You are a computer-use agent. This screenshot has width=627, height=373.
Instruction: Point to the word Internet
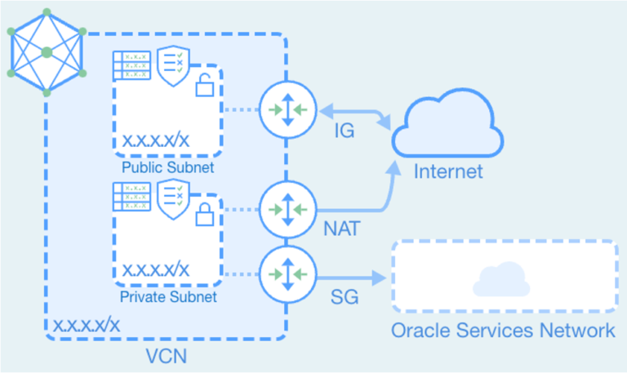(x=448, y=172)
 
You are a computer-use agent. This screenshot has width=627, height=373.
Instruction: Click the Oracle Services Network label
(x=502, y=331)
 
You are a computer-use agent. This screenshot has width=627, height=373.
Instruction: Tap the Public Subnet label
(x=167, y=168)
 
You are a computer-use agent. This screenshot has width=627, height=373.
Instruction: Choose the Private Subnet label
(x=168, y=297)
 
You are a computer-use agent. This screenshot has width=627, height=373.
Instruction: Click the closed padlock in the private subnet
(x=204, y=214)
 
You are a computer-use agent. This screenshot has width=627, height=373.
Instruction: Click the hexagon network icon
(x=46, y=51)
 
